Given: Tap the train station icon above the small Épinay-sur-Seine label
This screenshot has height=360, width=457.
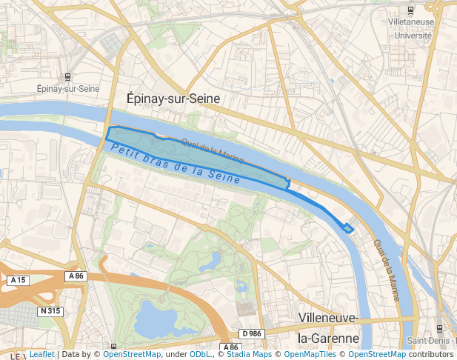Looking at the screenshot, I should click(x=69, y=76).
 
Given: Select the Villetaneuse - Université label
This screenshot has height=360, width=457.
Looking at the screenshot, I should click(x=410, y=29).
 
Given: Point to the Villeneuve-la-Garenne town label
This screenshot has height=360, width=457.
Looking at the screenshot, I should click(x=328, y=328).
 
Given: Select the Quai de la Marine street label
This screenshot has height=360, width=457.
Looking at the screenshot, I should click(x=213, y=149).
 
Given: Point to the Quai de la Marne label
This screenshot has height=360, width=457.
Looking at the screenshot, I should click(x=387, y=269).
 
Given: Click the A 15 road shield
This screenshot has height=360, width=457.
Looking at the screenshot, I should click(x=19, y=280).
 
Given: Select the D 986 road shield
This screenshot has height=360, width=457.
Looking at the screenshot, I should click(x=252, y=334).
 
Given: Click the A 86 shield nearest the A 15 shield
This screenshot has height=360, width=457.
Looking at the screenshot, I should click(x=76, y=276).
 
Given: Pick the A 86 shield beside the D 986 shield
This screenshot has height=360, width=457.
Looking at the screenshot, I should click(x=230, y=347).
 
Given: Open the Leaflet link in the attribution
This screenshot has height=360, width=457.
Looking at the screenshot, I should click(x=41, y=354).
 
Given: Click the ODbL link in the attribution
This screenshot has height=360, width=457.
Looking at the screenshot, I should click(x=199, y=354).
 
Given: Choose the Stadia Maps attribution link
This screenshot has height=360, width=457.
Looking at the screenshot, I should click(x=249, y=354).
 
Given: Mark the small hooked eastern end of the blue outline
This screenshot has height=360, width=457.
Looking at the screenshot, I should click(x=347, y=227).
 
